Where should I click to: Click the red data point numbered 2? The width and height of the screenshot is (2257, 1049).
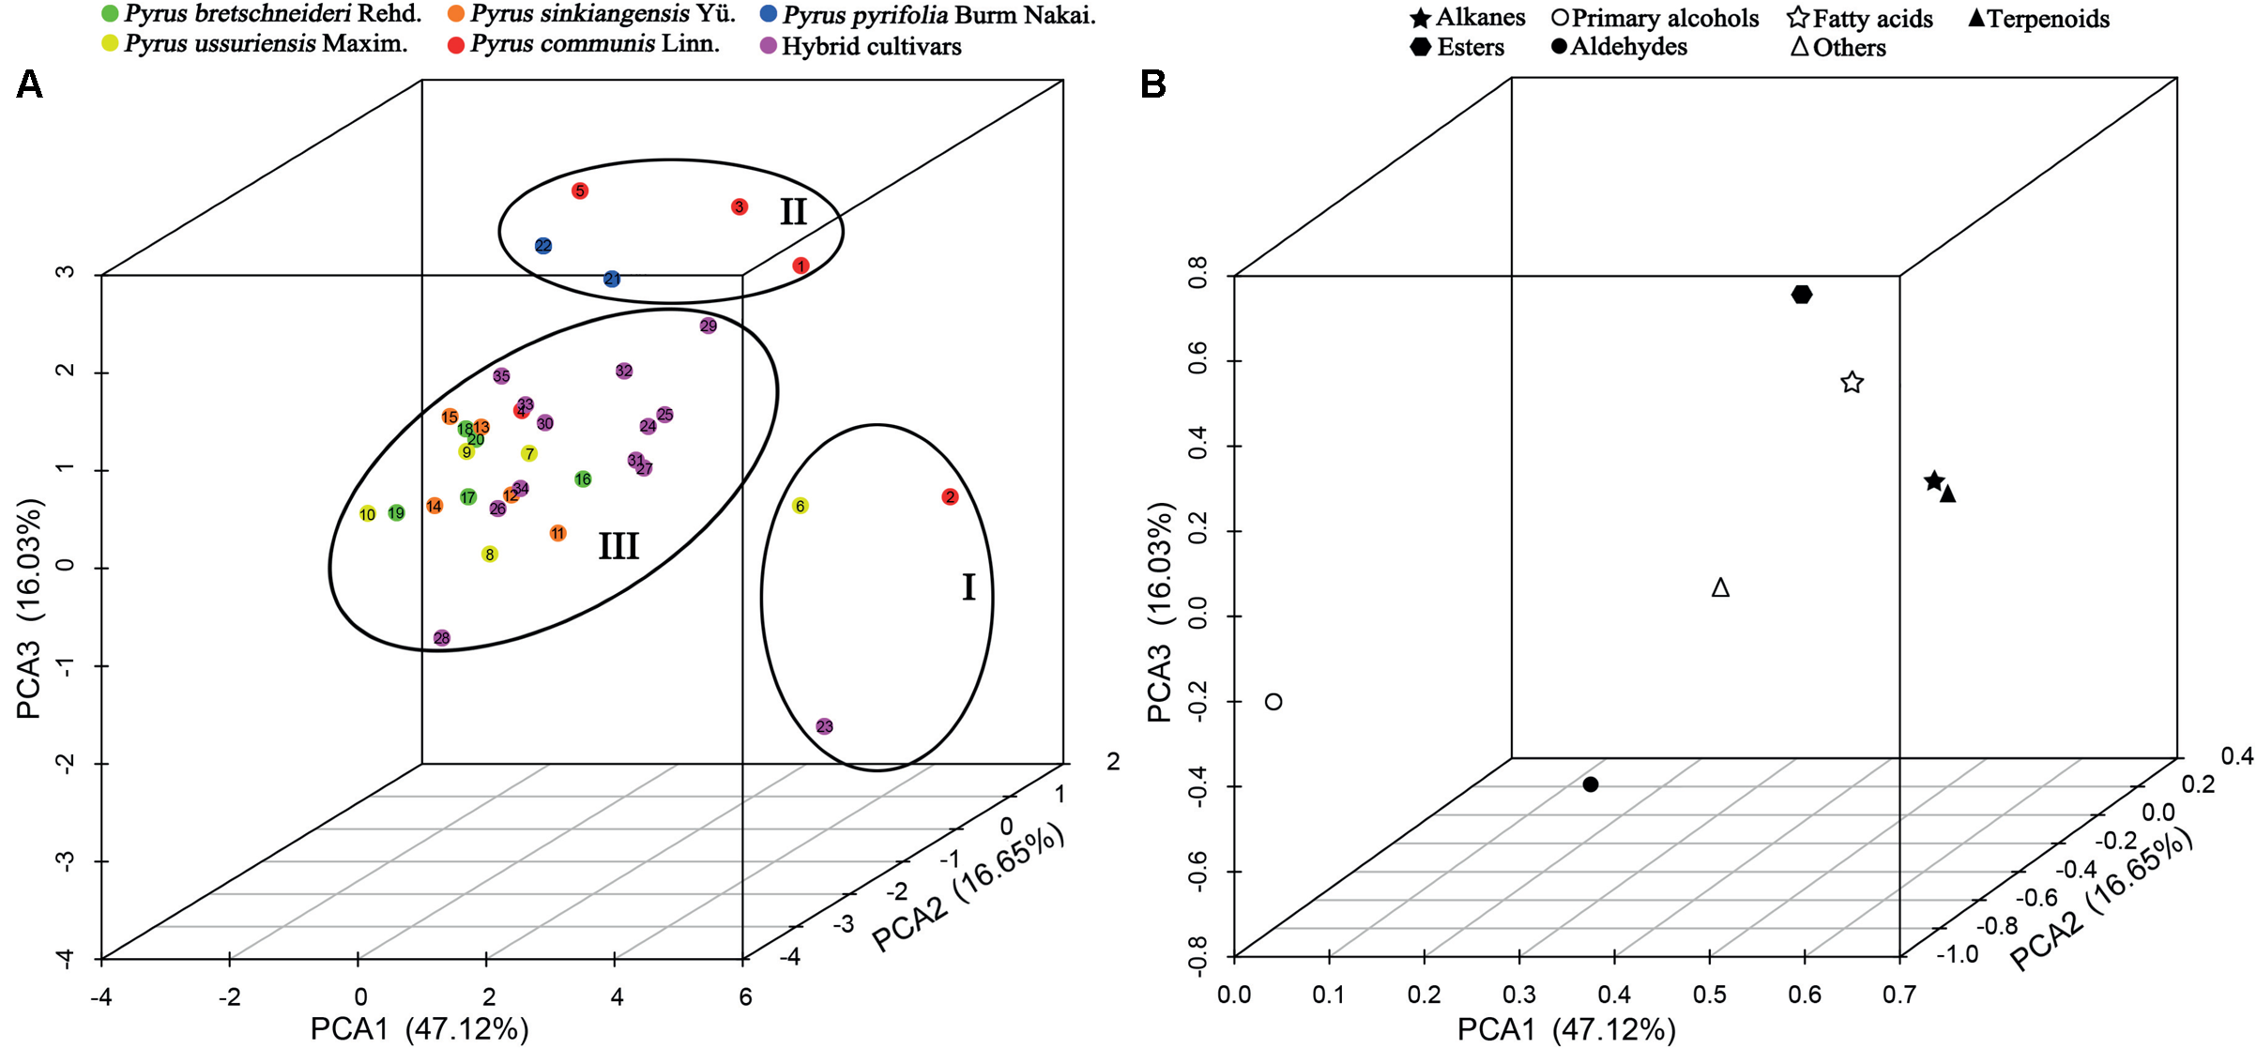point(950,497)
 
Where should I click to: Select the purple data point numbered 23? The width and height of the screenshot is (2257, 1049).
point(825,726)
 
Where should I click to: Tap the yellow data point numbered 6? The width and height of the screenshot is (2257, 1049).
point(800,506)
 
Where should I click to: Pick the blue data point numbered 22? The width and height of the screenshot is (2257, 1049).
point(543,246)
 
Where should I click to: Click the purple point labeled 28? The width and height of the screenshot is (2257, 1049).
point(442,638)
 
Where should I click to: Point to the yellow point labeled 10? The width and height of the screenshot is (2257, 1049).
point(368,514)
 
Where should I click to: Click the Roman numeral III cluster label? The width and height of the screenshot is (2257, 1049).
point(618,546)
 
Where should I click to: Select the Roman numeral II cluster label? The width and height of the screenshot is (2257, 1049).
point(793,212)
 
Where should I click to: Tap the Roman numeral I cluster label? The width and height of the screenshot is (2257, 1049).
point(968,588)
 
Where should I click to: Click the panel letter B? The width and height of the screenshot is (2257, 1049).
point(1152,85)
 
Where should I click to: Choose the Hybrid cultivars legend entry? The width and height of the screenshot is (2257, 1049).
point(861,46)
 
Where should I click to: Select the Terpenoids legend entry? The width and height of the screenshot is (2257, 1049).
point(2038,18)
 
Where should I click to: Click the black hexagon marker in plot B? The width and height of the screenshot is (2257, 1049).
point(1801,295)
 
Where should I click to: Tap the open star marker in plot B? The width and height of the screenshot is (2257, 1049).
point(1852,383)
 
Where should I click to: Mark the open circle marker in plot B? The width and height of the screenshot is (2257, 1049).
point(1273,702)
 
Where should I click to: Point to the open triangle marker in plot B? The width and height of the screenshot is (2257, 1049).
point(1720,588)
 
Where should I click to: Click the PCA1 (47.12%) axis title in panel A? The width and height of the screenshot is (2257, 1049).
point(419,1028)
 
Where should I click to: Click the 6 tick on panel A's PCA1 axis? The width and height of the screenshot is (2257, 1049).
point(744,996)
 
